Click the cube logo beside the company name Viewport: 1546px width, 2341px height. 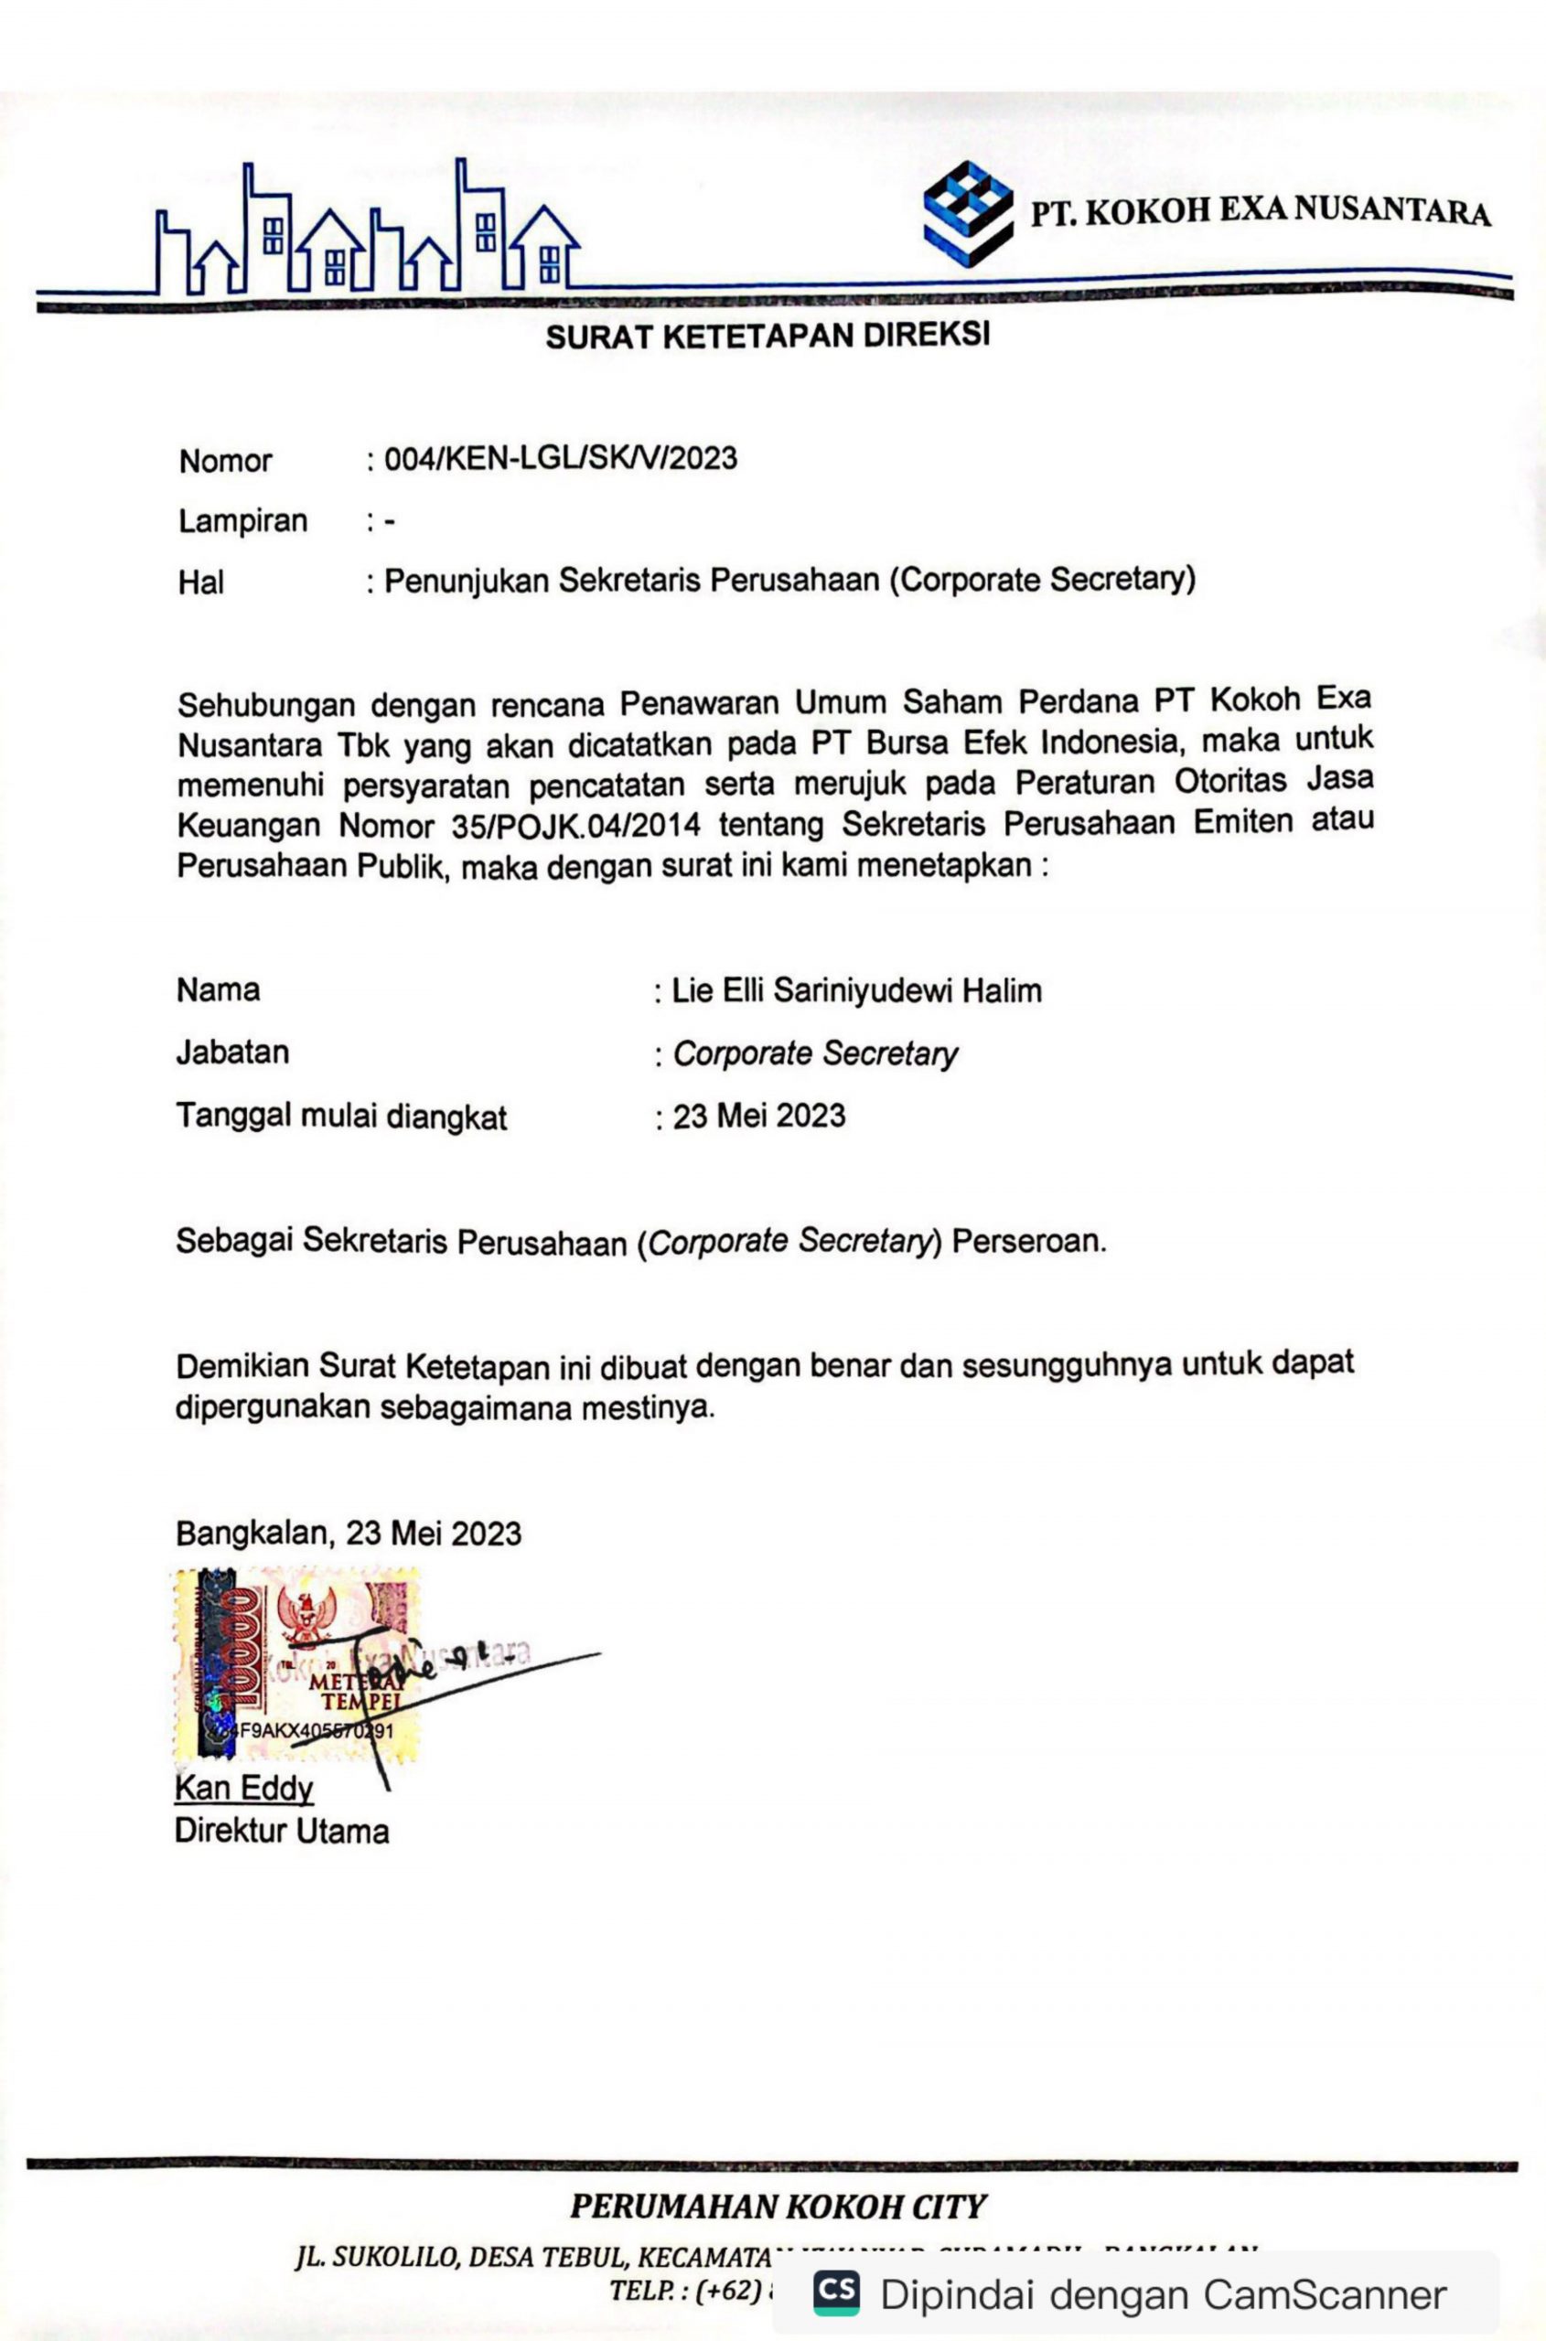coord(967,213)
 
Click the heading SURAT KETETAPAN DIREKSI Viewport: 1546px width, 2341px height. coord(768,337)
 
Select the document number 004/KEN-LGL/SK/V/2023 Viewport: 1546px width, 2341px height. coord(560,458)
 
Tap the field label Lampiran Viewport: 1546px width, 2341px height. coord(242,520)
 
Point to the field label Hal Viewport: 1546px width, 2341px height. coord(201,583)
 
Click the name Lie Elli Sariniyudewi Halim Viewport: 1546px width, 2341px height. coord(856,990)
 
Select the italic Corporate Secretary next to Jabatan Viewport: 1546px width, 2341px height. coord(814,1053)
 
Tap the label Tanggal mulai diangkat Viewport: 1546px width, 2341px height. coord(341,1116)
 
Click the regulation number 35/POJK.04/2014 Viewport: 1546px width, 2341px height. coord(575,825)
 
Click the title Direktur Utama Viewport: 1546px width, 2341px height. coord(282,1832)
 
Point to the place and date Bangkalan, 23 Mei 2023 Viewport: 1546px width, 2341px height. coord(348,1533)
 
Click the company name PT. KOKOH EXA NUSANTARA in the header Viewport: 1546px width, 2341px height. coord(1260,211)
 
